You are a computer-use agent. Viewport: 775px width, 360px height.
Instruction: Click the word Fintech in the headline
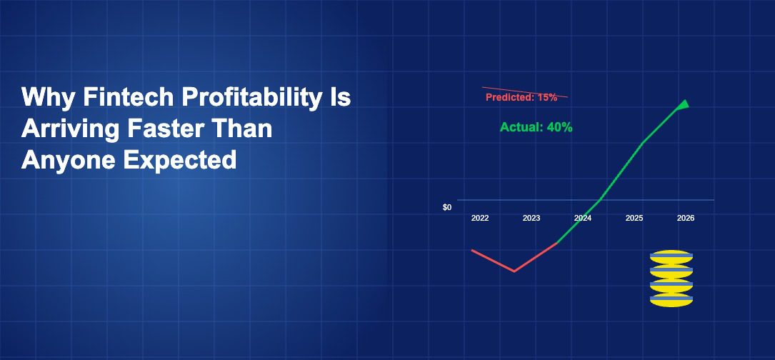pos(128,97)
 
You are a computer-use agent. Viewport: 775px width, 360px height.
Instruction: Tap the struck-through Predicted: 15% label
pos(521,97)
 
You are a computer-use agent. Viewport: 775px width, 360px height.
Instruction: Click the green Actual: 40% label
pos(536,127)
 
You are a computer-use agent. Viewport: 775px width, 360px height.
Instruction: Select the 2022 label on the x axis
pos(480,218)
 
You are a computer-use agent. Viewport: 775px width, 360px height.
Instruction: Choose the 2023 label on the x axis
pos(531,218)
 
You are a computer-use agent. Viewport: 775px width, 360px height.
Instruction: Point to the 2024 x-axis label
pos(583,218)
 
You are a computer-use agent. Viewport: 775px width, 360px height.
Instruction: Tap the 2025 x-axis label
pos(634,218)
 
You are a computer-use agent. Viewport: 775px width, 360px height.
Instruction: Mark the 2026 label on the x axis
pos(686,218)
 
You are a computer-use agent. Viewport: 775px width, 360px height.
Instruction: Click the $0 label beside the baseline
pos(447,208)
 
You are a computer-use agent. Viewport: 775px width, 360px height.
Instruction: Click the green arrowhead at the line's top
pos(684,105)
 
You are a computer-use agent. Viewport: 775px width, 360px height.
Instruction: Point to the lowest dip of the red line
pos(514,271)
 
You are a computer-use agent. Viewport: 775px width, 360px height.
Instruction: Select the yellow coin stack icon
pos(671,279)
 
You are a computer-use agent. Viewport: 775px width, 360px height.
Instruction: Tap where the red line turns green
pos(557,243)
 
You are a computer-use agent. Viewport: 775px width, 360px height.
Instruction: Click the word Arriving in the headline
pos(70,129)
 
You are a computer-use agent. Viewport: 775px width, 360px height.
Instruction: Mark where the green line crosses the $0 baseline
pos(599,200)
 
